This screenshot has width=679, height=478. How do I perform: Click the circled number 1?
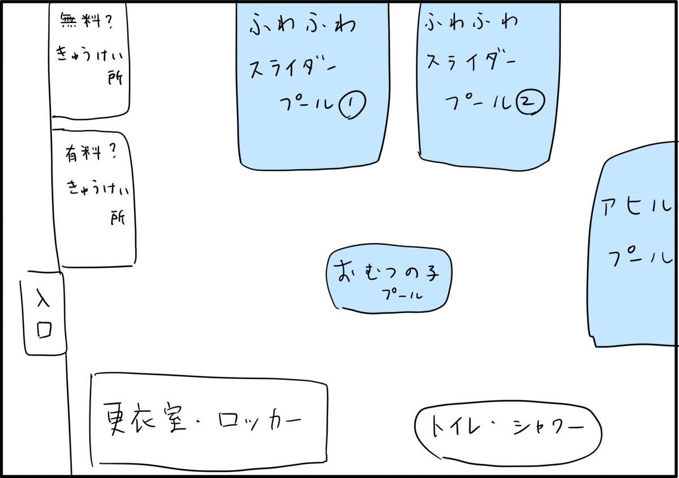pos(352,105)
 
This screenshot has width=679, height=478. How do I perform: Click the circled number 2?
pos(531,102)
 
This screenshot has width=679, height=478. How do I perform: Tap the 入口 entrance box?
pos(44,313)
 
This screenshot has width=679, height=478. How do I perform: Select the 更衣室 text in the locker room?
pos(145,419)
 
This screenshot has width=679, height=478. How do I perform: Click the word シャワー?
pos(549,427)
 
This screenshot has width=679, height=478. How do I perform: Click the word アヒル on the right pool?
pos(636,206)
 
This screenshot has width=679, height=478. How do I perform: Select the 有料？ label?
pos(91,153)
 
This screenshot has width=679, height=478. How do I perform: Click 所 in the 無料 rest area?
pos(115,78)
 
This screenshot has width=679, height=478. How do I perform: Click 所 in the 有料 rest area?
pos(118,218)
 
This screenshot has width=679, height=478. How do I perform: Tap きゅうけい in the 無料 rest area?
pos(90,54)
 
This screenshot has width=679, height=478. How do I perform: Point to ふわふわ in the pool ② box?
pos(471,23)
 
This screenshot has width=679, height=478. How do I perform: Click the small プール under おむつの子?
pos(402,294)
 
